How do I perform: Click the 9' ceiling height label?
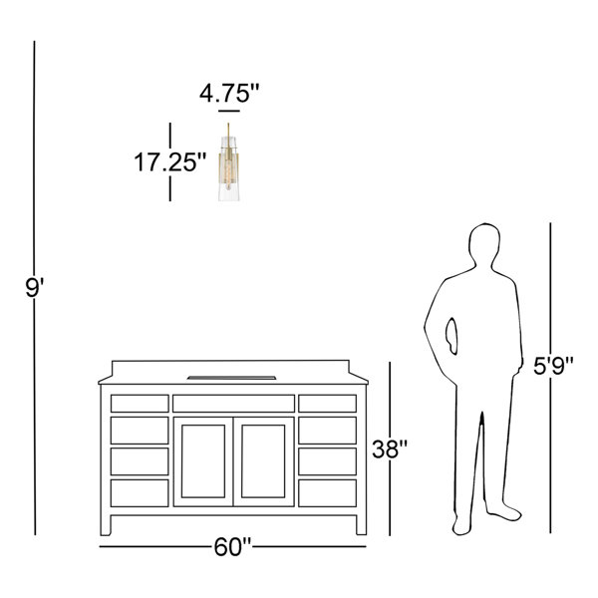click(35, 288)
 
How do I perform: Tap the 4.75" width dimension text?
click(229, 94)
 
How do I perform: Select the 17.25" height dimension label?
click(169, 162)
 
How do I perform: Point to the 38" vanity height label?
click(390, 448)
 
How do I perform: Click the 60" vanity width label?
click(232, 547)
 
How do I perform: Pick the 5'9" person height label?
click(553, 366)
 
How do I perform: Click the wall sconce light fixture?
click(228, 162)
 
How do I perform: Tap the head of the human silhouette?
click(484, 244)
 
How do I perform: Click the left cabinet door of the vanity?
click(203, 461)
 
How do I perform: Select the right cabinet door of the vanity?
click(263, 461)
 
